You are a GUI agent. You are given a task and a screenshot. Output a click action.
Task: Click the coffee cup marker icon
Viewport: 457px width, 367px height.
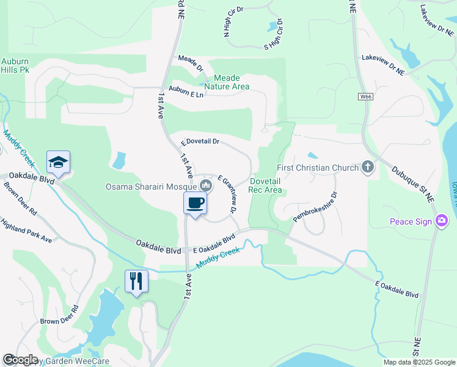click(x=195, y=203)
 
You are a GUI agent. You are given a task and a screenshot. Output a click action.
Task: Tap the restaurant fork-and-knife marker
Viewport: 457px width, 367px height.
click(x=136, y=281)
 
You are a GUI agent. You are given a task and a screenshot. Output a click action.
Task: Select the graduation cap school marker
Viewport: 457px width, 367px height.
click(x=58, y=162)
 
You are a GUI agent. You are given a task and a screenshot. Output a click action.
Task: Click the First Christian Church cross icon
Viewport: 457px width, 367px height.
click(x=367, y=167)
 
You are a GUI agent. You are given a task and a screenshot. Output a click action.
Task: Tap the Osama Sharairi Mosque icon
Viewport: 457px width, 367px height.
click(x=205, y=185)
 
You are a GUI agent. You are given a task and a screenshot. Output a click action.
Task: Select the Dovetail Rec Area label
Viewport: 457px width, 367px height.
click(x=265, y=185)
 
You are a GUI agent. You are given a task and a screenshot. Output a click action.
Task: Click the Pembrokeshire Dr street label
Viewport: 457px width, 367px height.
click(x=315, y=207)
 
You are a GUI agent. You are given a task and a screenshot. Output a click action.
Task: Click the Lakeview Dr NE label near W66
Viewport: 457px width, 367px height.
click(x=383, y=64)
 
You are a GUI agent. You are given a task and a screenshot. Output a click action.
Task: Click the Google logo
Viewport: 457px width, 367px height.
click(x=21, y=360)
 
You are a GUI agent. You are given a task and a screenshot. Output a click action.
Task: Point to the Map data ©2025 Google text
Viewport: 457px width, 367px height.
click(x=419, y=362)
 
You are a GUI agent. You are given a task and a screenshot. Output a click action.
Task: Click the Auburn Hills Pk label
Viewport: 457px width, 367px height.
click(x=15, y=65)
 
